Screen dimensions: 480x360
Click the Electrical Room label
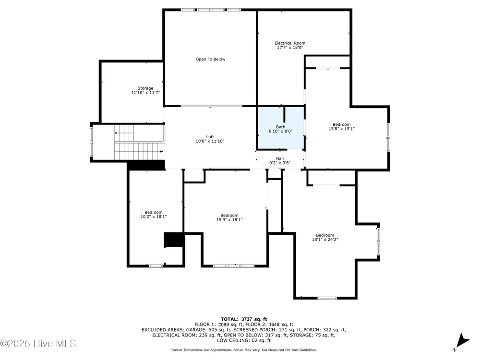[290, 43]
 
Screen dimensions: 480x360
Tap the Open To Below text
[210, 59]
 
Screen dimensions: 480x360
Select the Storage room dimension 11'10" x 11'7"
[145, 93]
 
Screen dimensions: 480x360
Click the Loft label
[210, 137]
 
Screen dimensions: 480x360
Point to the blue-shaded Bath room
[281, 128]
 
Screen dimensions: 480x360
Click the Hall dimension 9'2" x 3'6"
[280, 163]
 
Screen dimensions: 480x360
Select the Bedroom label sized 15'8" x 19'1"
[342, 124]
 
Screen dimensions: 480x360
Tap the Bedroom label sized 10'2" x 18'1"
[154, 212]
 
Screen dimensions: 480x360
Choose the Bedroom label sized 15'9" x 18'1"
[229, 215]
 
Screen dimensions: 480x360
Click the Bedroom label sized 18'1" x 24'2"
[325, 235]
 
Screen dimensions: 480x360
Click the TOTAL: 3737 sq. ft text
[244, 319]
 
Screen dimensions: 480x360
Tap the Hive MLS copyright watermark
[38, 344]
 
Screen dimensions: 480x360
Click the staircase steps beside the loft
[139, 143]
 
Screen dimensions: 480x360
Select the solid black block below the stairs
[146, 165]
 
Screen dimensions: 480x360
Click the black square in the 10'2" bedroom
[174, 240]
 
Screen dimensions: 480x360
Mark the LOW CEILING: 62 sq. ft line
[244, 340]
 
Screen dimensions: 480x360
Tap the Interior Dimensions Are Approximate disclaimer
[244, 350]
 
